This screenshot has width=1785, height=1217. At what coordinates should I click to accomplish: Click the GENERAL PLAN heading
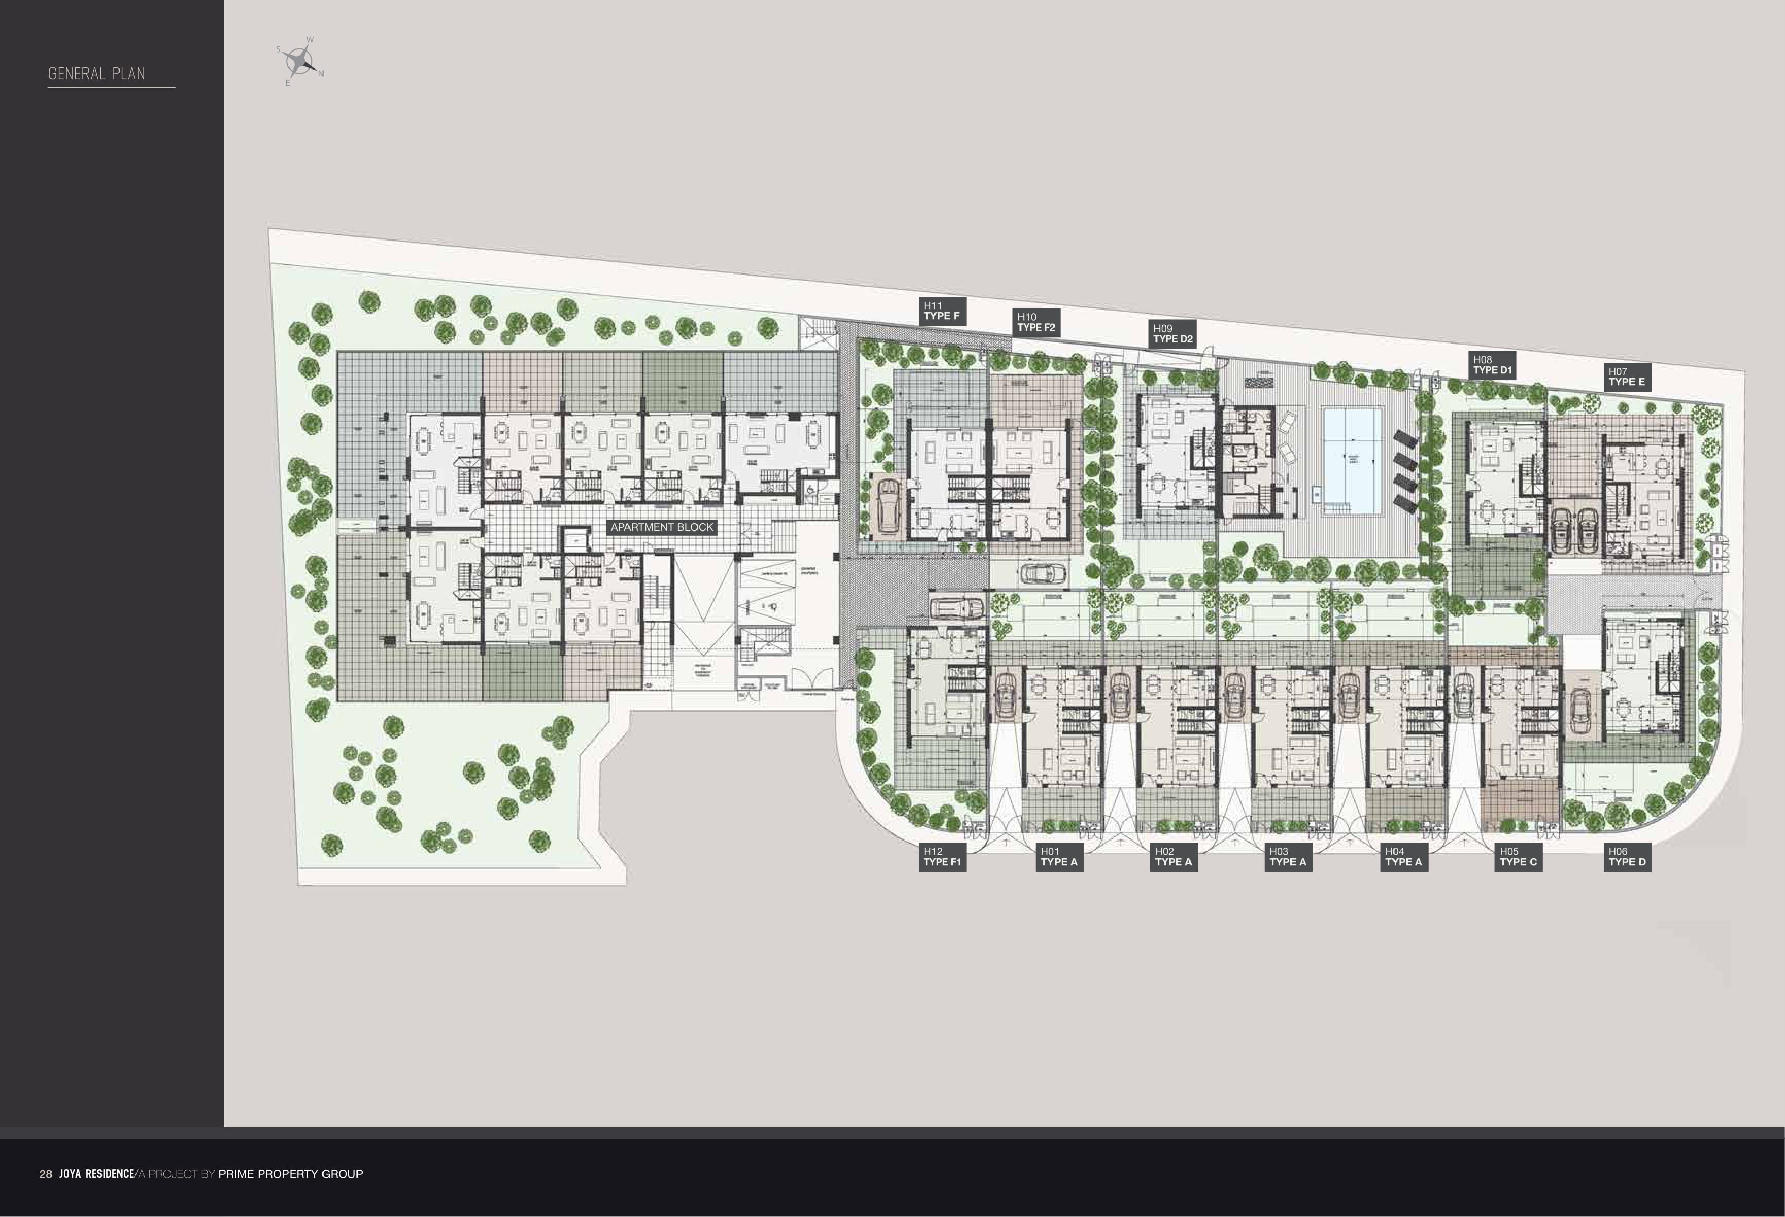pyautogui.click(x=97, y=74)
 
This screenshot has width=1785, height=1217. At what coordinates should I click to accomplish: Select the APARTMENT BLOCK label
pyautogui.click(x=661, y=527)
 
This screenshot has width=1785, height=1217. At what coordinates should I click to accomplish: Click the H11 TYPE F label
pyautogui.click(x=941, y=311)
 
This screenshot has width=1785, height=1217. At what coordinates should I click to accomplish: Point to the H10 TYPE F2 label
pyautogui.click(x=1036, y=322)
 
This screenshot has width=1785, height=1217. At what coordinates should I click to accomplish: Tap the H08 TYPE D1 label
pyautogui.click(x=1491, y=365)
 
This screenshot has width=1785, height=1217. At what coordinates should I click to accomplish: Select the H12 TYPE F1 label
pyautogui.click(x=941, y=857)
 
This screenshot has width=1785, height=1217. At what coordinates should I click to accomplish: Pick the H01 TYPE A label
pyautogui.click(x=1059, y=857)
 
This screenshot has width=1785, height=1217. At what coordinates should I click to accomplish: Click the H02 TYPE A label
pyautogui.click(x=1173, y=857)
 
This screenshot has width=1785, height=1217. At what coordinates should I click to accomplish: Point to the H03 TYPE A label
pyautogui.click(x=1287, y=857)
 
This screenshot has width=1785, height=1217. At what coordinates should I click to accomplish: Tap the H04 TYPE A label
pyautogui.click(x=1403, y=857)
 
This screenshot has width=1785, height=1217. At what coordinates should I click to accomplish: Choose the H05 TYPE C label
pyautogui.click(x=1518, y=857)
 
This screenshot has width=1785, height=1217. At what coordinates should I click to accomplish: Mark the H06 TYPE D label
pyautogui.click(x=1627, y=857)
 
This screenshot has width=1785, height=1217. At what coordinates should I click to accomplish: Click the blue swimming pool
pyautogui.click(x=1352, y=461)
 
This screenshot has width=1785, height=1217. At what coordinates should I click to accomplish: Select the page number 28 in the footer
pyautogui.click(x=46, y=1174)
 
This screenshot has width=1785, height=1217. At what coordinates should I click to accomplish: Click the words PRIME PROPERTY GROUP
pyautogui.click(x=291, y=1174)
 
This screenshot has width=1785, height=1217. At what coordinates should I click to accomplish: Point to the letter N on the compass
pyautogui.click(x=321, y=74)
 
